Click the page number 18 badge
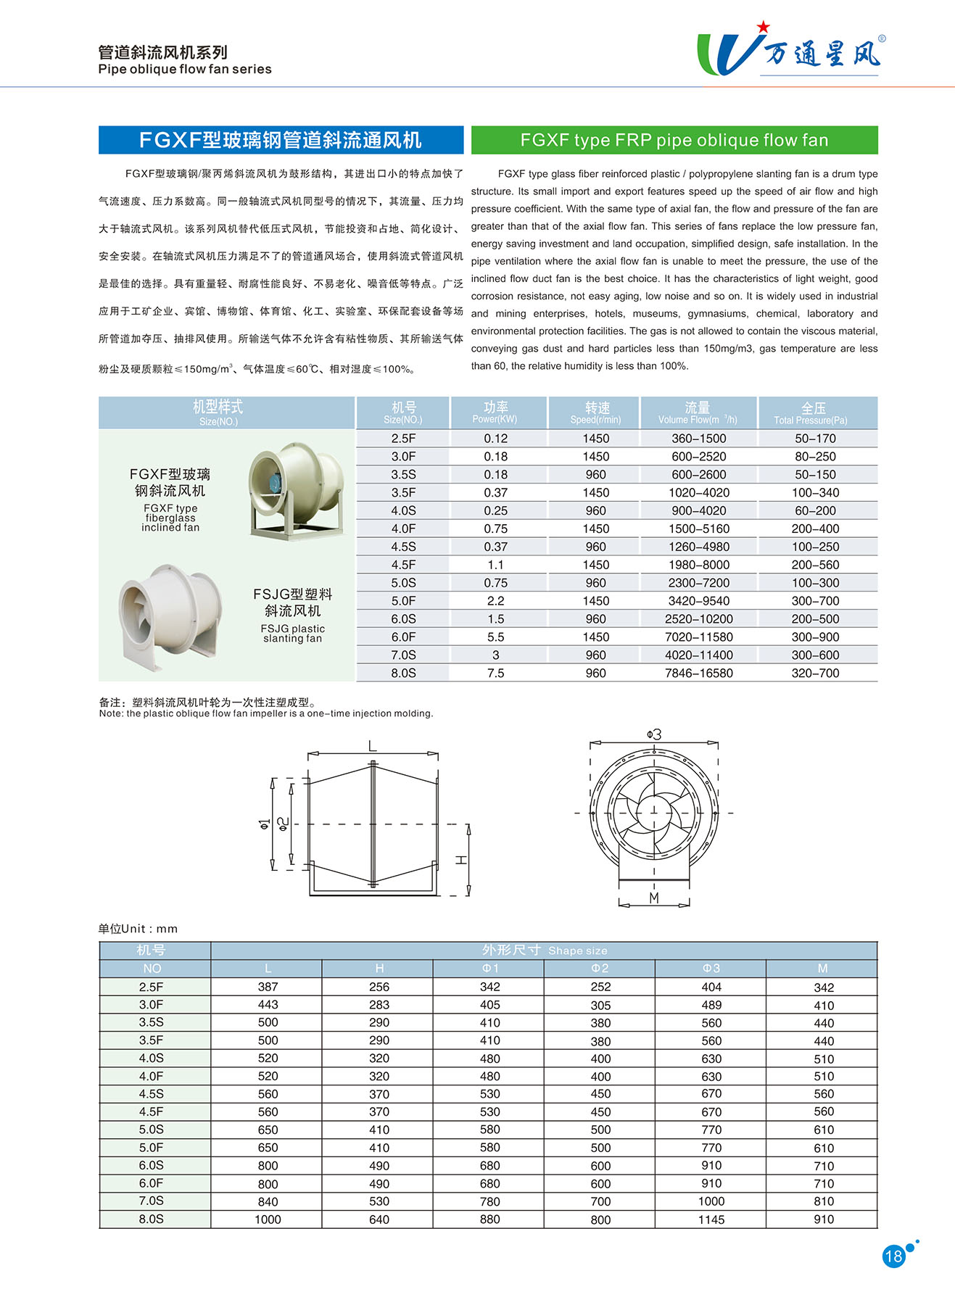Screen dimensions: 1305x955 coord(893,1256)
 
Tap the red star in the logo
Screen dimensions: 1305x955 coord(763,27)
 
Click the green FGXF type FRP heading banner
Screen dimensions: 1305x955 coord(674,140)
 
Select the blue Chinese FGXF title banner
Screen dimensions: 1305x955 coord(281,140)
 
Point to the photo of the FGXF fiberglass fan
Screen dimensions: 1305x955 coord(296,490)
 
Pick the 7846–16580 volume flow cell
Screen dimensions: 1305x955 coord(698,673)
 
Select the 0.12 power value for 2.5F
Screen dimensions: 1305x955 coord(496,439)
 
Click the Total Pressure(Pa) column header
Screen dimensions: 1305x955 coord(814,413)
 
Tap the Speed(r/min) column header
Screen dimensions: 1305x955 coord(596,413)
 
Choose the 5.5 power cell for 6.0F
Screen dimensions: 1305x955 coord(496,637)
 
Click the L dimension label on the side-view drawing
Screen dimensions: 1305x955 coord(373,746)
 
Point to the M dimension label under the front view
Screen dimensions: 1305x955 coord(654,898)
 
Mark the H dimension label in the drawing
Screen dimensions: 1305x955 coord(461,860)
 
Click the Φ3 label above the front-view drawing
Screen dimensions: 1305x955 coord(654,735)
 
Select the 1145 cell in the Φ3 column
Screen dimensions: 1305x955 coord(711,1219)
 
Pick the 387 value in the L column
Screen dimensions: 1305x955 coord(268,987)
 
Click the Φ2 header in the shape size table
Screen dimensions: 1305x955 coord(600,969)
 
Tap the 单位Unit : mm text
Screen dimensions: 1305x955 coord(138,929)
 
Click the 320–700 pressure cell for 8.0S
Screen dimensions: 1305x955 coord(815,673)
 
